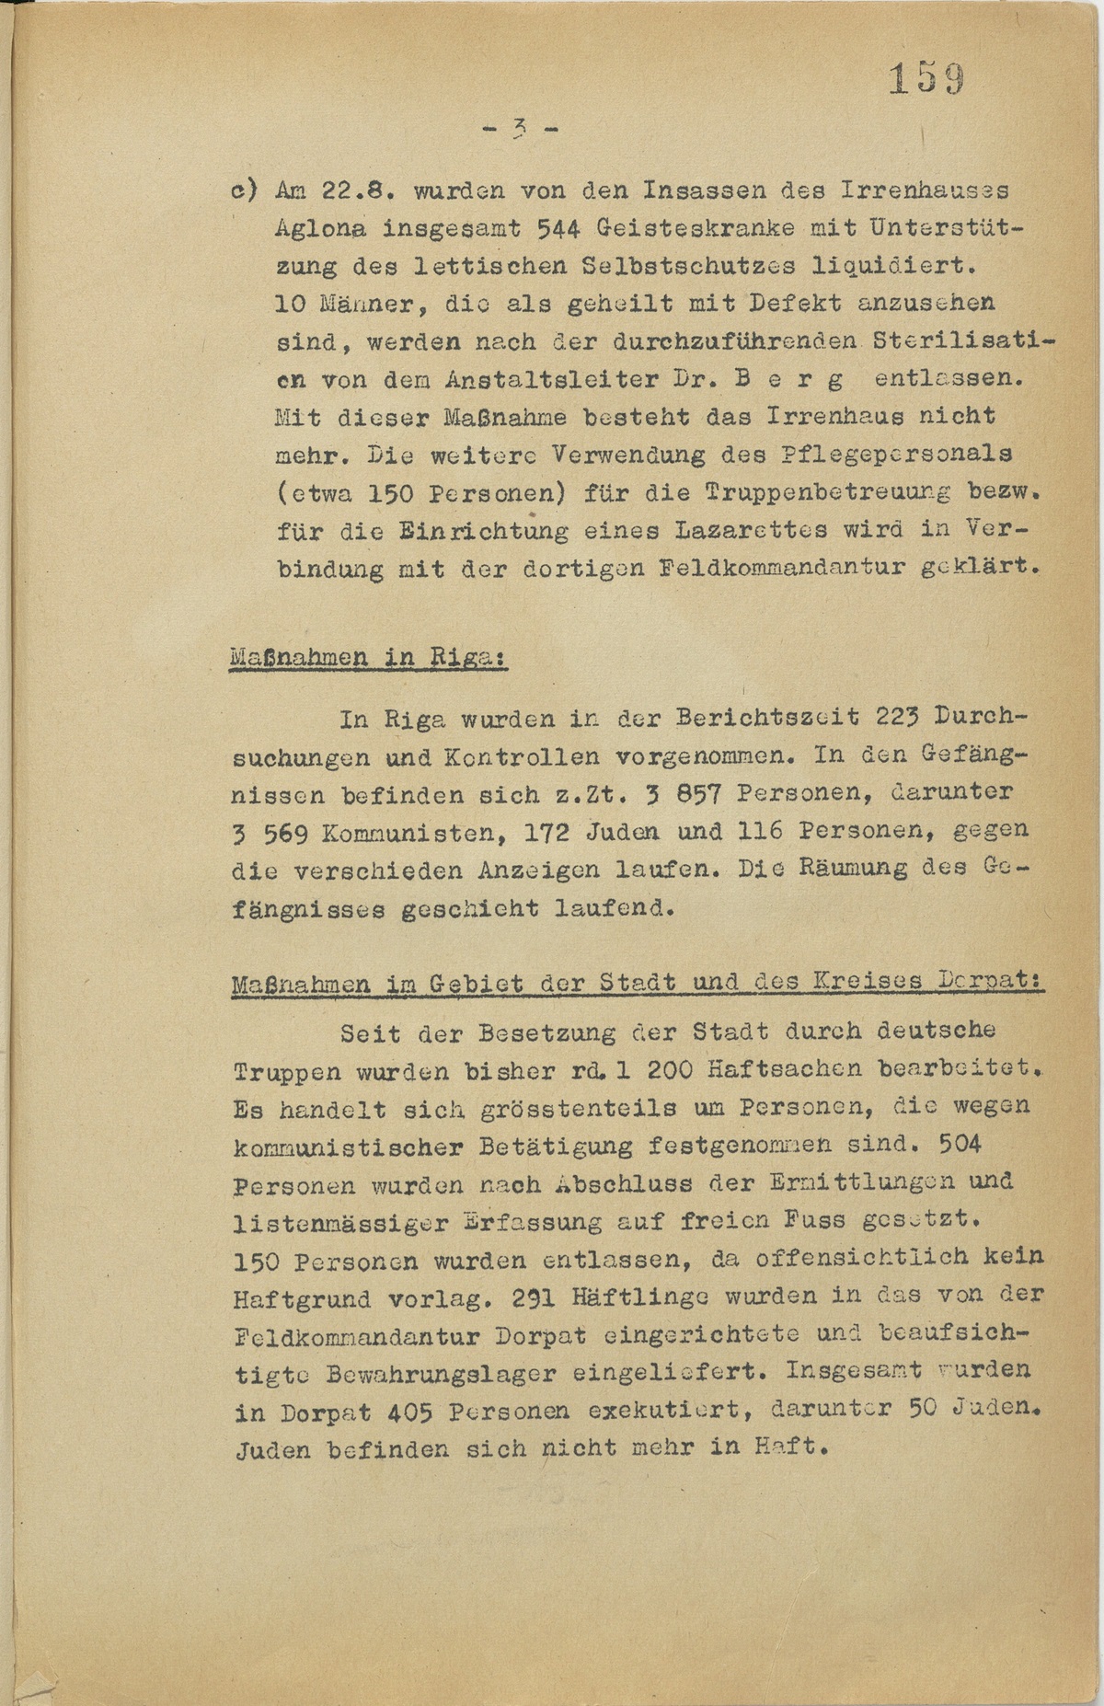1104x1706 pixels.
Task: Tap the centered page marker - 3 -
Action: [x=520, y=129]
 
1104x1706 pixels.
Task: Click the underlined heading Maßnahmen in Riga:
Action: [x=368, y=658]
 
